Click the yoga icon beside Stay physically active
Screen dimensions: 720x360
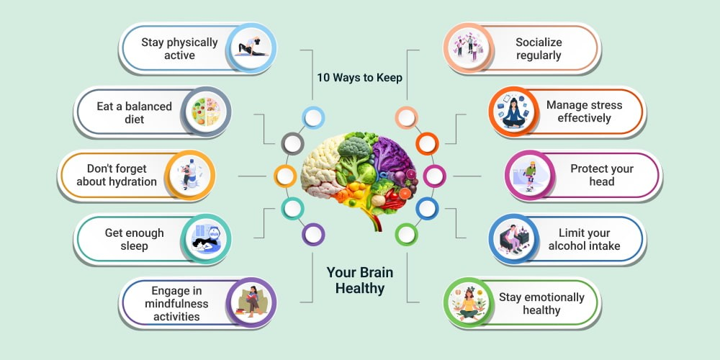[251, 48]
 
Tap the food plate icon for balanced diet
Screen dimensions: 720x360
[206, 112]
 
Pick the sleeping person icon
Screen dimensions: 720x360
[206, 239]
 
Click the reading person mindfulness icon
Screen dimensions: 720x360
[251, 302]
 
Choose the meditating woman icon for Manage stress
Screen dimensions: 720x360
[513, 112]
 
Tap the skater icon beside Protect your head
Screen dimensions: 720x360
[529, 176]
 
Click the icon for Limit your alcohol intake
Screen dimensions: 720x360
[513, 238]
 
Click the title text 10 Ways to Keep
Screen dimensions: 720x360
[359, 78]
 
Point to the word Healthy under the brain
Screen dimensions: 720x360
[360, 289]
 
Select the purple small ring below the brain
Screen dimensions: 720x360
[313, 235]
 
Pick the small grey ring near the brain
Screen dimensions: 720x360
[292, 144]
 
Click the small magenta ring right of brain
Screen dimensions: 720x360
[434, 176]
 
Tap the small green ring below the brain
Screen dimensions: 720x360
[406, 235]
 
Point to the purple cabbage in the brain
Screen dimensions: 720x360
[390, 154]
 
